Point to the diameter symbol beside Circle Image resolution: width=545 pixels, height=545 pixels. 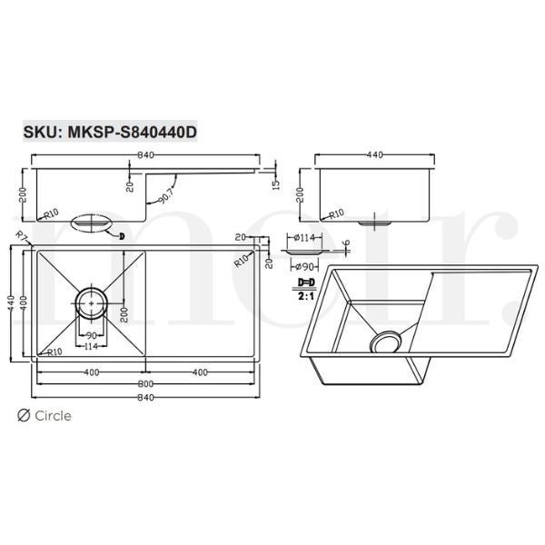point(24,416)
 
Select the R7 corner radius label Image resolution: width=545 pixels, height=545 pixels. point(22,238)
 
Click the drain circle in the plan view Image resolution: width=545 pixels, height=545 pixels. point(91,301)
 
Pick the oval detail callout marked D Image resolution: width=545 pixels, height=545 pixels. point(90,222)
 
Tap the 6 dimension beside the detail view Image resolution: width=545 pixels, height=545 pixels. point(346,243)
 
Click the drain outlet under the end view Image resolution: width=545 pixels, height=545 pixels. point(374,221)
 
